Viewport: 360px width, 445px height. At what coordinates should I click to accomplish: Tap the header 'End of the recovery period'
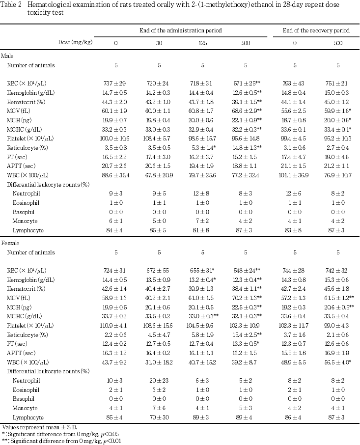pyautogui.click(x=316, y=30)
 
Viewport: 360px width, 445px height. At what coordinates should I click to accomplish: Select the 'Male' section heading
pyautogui.click(x=8, y=56)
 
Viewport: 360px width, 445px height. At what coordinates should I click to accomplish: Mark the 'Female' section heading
pyautogui.click(x=10, y=243)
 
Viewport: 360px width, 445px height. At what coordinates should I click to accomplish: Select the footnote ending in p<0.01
pyautogui.click(x=61, y=441)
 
